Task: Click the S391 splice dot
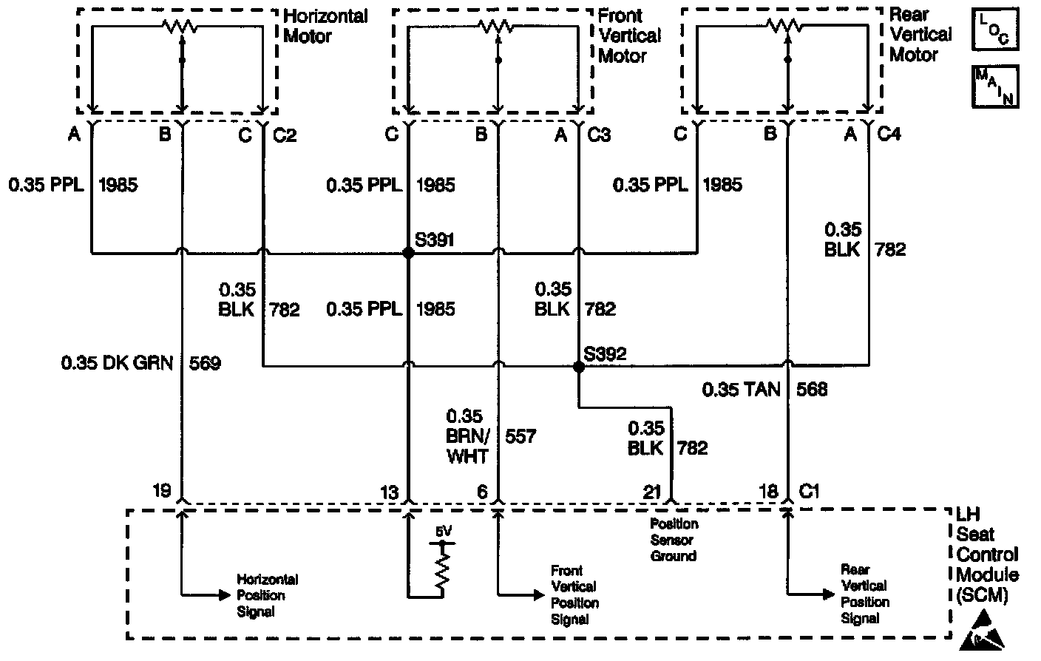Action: pyautogui.click(x=407, y=253)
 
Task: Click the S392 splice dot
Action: pyautogui.click(x=578, y=366)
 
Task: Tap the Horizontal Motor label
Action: pyautogui.click(x=325, y=25)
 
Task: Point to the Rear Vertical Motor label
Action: pyautogui.click(x=920, y=34)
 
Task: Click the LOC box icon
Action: pyautogui.click(x=994, y=29)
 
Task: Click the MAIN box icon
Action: pyautogui.click(x=995, y=86)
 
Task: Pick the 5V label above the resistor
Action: pyautogui.click(x=442, y=531)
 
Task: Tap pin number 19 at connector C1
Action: pyautogui.click(x=162, y=490)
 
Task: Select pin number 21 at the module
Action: pyautogui.click(x=651, y=492)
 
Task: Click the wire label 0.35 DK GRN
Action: pyautogui.click(x=117, y=363)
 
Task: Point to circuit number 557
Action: pyautogui.click(x=520, y=436)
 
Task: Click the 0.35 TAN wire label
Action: pyautogui.click(x=741, y=389)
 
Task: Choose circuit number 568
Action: pyautogui.click(x=812, y=389)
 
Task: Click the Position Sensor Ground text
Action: pyautogui.click(x=674, y=539)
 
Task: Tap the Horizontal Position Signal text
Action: pyautogui.click(x=267, y=595)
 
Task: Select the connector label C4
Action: pyautogui.click(x=889, y=135)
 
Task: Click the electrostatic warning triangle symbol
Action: pyautogui.click(x=983, y=633)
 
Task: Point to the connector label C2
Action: pyautogui.click(x=285, y=135)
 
